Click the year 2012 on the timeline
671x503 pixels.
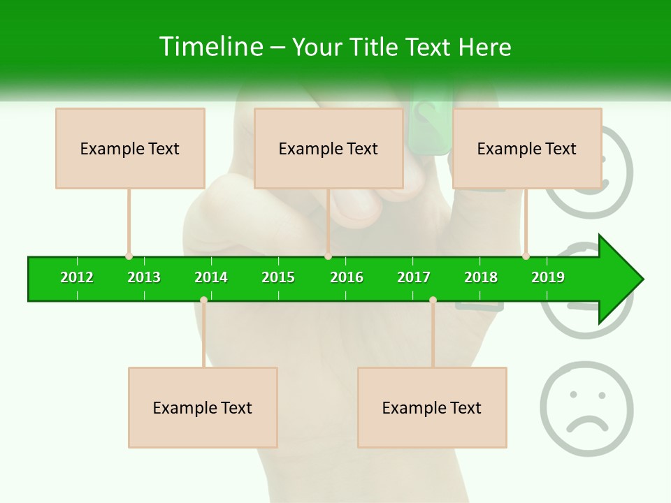(x=77, y=277)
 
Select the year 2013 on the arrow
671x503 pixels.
(x=144, y=277)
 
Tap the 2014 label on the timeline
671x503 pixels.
(x=211, y=277)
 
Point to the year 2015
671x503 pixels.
(x=278, y=277)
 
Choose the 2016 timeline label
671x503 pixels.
(x=347, y=277)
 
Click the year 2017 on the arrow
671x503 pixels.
(x=414, y=277)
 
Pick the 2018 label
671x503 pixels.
(x=481, y=277)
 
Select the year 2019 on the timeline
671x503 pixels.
(x=548, y=277)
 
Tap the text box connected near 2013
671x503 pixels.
(x=130, y=148)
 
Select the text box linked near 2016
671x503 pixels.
(x=329, y=148)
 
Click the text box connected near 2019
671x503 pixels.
(x=527, y=148)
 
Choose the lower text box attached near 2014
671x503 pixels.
(x=203, y=407)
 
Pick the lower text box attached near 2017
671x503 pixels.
(x=432, y=407)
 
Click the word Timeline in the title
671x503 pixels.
(x=210, y=47)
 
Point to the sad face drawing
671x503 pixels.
(x=586, y=409)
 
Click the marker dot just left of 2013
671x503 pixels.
(x=129, y=256)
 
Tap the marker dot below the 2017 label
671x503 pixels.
(x=433, y=300)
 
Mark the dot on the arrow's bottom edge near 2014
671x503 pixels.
(x=203, y=300)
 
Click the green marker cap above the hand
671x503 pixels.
(x=430, y=126)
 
